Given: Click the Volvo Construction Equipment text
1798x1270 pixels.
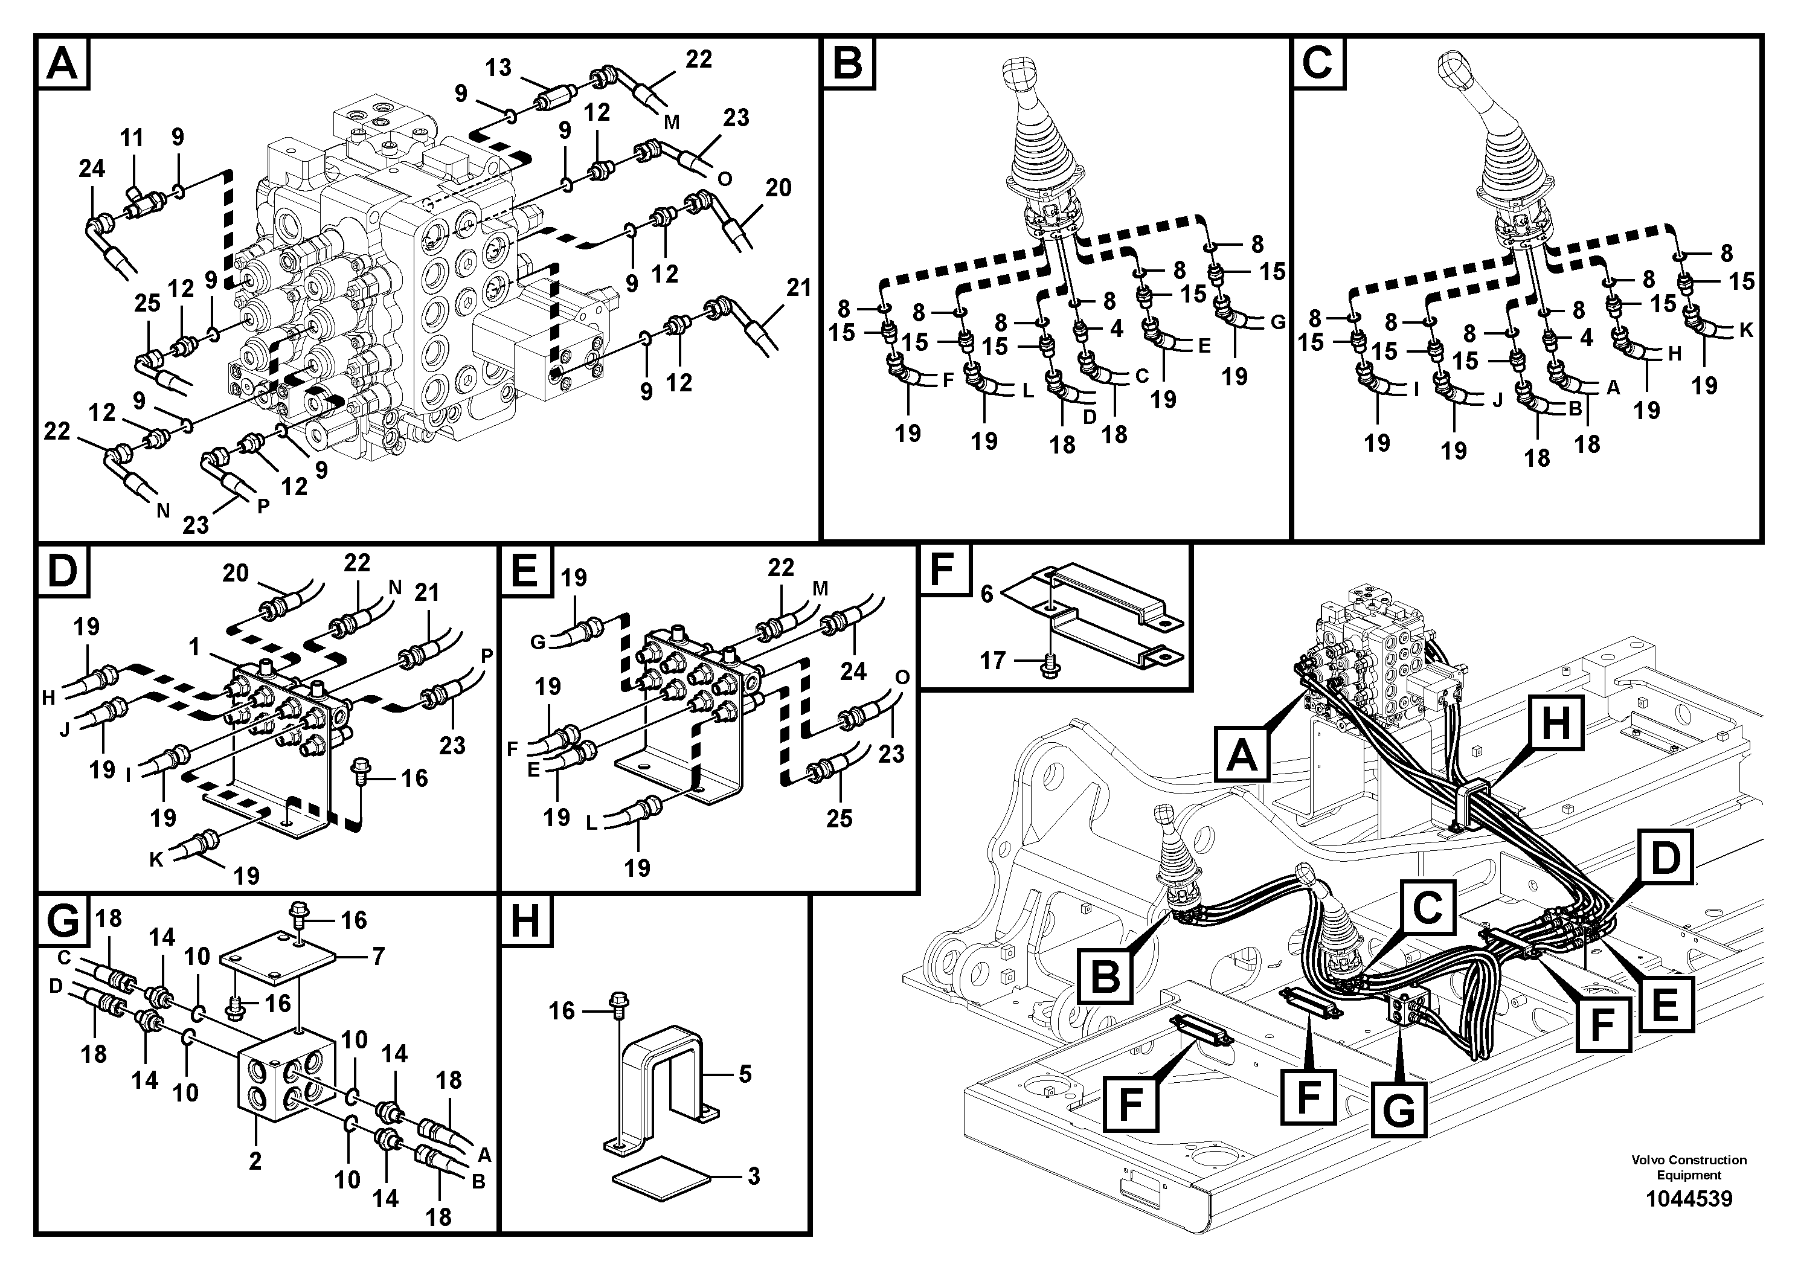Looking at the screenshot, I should (1688, 1167).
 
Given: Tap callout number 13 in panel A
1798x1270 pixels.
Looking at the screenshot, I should (498, 68).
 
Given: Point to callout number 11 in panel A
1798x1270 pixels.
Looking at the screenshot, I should (132, 138).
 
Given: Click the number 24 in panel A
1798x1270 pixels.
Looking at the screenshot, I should (92, 168).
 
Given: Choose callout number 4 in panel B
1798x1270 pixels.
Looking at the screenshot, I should (1116, 328).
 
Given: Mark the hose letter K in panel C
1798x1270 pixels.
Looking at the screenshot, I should (1746, 330).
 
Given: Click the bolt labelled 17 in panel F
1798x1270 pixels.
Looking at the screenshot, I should (1047, 666).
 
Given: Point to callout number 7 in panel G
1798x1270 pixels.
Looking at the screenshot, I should (378, 957).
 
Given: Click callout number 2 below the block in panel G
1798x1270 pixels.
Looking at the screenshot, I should (255, 1161).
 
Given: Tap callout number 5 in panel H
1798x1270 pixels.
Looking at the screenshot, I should (745, 1074).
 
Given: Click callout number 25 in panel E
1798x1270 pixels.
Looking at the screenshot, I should (839, 818).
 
